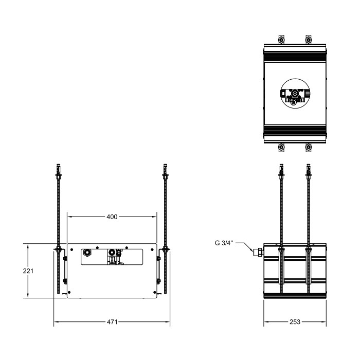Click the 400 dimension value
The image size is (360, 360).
click(112, 217)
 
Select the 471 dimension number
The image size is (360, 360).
click(112, 322)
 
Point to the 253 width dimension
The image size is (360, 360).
click(295, 322)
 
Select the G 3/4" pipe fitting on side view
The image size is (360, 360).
click(257, 251)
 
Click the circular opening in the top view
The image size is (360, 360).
click(294, 95)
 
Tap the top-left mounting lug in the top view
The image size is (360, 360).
click(280, 40)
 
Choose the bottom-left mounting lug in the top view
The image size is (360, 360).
click(280, 148)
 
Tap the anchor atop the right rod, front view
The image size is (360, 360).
click(165, 170)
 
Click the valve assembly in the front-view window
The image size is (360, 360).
click(115, 256)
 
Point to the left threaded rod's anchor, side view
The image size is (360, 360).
click(281, 170)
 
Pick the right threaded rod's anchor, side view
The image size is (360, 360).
click(309, 170)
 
